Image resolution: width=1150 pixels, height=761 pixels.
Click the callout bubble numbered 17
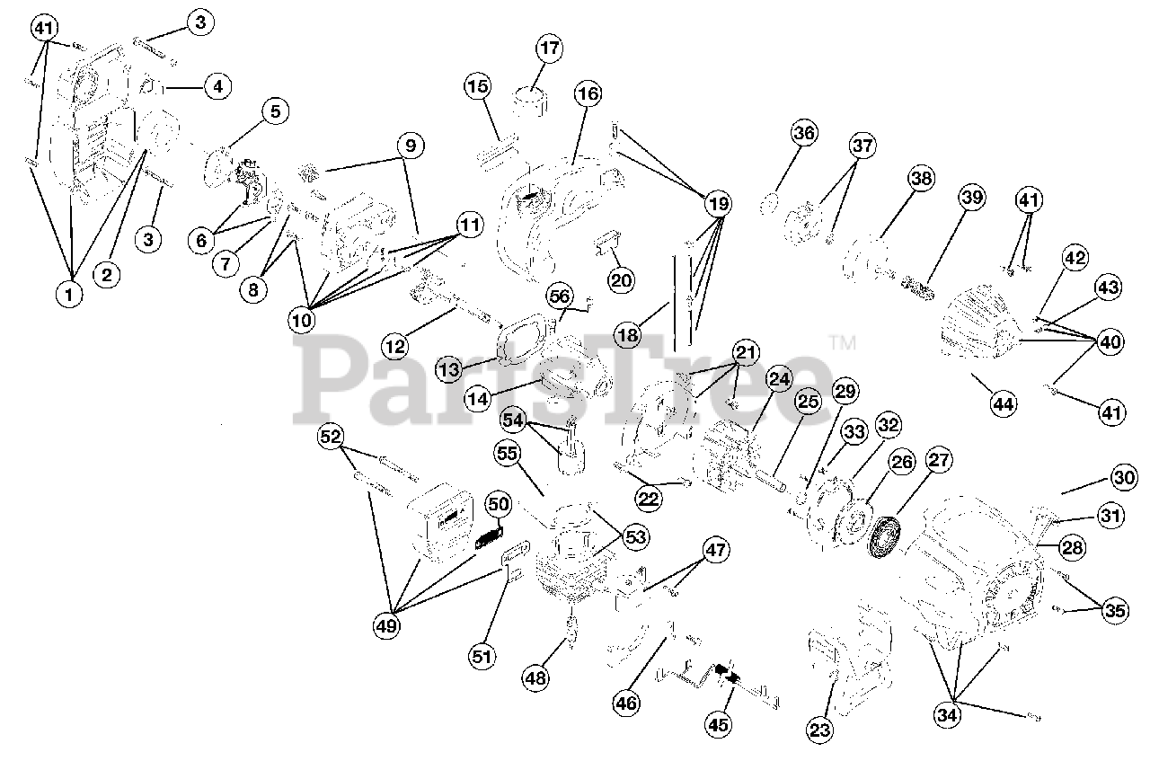tap(549, 49)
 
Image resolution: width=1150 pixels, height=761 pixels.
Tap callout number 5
tap(275, 111)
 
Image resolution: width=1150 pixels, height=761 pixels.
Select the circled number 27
tap(939, 460)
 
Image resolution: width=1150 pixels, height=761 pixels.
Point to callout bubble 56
tap(560, 296)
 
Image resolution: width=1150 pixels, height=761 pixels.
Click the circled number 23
tap(819, 730)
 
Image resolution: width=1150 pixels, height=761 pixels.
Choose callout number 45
tap(718, 724)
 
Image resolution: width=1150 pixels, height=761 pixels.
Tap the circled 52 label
tap(330, 437)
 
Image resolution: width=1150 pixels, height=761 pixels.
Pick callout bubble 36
tap(804, 132)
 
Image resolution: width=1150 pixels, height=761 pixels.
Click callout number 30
tap(1124, 477)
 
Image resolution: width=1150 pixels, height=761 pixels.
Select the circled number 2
tap(106, 275)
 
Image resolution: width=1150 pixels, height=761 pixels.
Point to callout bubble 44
tap(1004, 404)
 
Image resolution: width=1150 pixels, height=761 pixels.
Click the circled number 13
tap(449, 368)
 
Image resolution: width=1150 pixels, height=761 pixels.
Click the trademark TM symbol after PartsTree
tap(843, 342)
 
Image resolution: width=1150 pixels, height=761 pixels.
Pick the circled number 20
tap(621, 280)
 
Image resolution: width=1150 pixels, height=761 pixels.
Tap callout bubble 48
tap(535, 677)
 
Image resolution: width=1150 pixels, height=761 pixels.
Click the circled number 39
tap(971, 197)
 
